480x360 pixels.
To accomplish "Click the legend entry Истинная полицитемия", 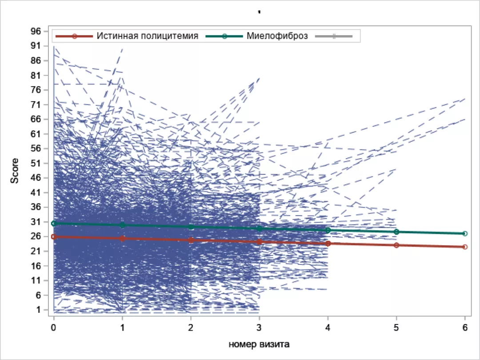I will [x=147, y=36].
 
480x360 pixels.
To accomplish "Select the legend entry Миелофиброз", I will [x=277, y=36].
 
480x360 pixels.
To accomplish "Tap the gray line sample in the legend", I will [x=333, y=36].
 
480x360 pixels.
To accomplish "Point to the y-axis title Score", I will [x=15, y=171].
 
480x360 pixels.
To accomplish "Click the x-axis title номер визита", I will [x=260, y=344].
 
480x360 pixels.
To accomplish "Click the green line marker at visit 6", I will [x=465, y=233].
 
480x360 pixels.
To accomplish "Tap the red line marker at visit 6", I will [x=465, y=247].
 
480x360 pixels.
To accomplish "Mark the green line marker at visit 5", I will [x=396, y=232].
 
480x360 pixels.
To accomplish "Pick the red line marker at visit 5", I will [x=396, y=245].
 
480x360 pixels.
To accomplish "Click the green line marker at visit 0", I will [x=54, y=224].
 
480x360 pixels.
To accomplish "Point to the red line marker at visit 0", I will [x=54, y=237].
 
